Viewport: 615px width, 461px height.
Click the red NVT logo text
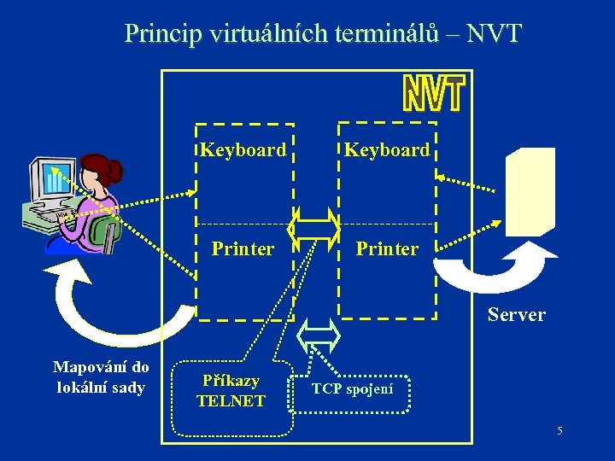433,94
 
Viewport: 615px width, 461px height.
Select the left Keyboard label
243,150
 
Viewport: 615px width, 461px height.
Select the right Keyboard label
387,150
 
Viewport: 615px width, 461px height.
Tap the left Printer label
243,248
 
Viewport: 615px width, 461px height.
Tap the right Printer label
387,248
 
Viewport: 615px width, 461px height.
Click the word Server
516,314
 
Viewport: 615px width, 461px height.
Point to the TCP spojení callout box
352,389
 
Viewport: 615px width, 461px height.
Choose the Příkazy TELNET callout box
231,390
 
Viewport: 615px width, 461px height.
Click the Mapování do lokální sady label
101,377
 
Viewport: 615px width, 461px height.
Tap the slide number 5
559,430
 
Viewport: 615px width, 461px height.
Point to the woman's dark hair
102,168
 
